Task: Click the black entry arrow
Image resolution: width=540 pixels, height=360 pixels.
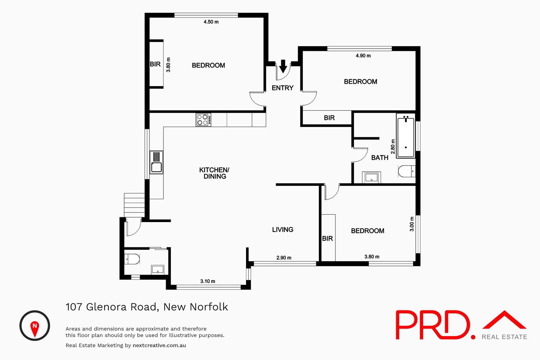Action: coord(283,66)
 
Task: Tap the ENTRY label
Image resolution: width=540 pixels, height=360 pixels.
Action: coord(282,88)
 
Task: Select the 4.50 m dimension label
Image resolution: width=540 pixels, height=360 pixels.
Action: coord(211,22)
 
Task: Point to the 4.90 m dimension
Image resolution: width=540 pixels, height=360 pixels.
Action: coord(363,56)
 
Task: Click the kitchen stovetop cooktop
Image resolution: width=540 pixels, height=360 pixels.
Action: coord(203,120)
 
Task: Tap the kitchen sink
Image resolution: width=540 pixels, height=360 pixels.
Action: coord(156,162)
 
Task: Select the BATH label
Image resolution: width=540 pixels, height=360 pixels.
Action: coord(380,158)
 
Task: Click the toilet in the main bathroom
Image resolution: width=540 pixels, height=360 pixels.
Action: coord(406,171)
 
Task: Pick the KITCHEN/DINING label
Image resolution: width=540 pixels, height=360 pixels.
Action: coord(214,173)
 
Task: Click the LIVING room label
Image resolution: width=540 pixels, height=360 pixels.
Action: coord(282,230)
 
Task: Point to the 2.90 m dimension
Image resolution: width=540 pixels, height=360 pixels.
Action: coord(284,258)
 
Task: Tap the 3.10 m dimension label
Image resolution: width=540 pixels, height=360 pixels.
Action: coord(208,281)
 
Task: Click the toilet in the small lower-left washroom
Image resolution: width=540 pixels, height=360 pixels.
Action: coord(132,259)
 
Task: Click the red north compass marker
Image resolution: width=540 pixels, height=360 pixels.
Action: coord(34,328)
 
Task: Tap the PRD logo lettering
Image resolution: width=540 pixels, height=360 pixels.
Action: coord(434,325)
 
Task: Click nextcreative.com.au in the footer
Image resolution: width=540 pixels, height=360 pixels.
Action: coord(159,345)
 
